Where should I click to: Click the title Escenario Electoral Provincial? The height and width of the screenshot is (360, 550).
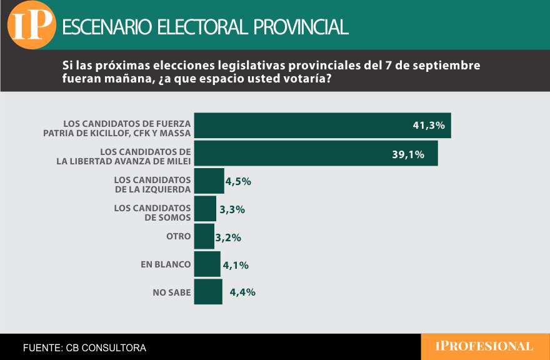click(x=205, y=27)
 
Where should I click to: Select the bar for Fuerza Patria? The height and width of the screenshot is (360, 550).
click(x=322, y=126)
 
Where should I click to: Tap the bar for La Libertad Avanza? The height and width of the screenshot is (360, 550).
click(x=316, y=153)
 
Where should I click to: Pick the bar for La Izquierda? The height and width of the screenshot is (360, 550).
click(x=209, y=181)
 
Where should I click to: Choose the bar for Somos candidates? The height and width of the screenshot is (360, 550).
click(x=205, y=209)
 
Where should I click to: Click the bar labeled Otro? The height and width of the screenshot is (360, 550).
click(x=204, y=236)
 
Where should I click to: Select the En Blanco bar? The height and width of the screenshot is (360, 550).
click(x=207, y=264)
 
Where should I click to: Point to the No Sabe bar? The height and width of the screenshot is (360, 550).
click(x=208, y=291)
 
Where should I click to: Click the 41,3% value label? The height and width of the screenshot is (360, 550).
click(x=429, y=126)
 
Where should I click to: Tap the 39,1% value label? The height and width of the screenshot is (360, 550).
click(x=408, y=154)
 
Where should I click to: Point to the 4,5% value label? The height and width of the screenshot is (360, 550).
click(x=238, y=182)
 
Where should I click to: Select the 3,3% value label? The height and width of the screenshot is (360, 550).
click(x=231, y=210)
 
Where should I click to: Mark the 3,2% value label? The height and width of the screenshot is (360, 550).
click(x=228, y=237)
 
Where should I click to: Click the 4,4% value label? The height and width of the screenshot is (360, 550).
click(x=242, y=292)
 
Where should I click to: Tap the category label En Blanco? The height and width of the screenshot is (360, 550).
click(x=166, y=264)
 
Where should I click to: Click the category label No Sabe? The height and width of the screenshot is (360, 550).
click(x=171, y=292)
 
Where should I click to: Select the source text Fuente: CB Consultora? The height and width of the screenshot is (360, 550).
click(x=84, y=347)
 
